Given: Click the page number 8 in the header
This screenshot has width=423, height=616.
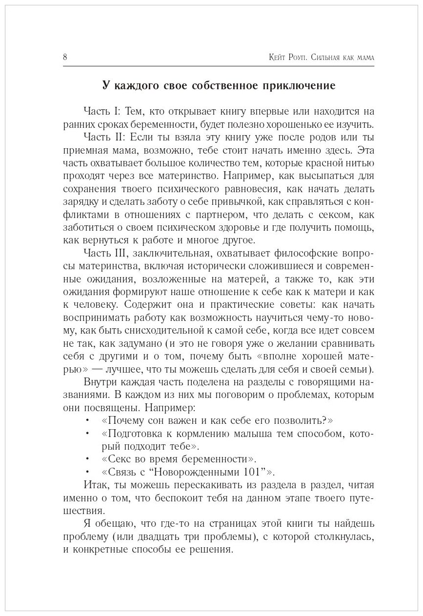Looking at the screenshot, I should (x=65, y=57).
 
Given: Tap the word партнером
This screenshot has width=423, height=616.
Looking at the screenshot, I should (x=247, y=214).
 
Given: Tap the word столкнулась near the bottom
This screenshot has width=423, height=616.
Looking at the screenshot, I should (x=329, y=536).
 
